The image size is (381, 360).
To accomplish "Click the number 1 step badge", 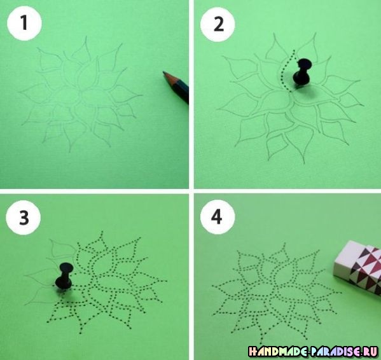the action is click(24, 24).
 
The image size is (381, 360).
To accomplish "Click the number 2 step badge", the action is click(218, 25).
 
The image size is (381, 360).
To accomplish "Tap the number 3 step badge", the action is click(24, 218).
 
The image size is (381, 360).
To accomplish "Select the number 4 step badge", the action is click(218, 217).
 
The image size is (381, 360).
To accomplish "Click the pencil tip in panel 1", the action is click(163, 72).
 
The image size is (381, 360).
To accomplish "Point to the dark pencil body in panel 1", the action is click(181, 91).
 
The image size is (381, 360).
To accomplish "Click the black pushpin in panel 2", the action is click(302, 73).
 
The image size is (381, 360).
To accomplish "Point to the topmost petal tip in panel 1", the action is click(86, 37).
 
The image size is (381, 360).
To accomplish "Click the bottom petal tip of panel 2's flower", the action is click(304, 163).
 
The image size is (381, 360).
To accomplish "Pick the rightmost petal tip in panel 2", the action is click(363, 106).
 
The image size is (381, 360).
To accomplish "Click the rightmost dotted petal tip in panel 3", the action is click(167, 281).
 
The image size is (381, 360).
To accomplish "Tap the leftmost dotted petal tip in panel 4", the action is click(212, 286).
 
